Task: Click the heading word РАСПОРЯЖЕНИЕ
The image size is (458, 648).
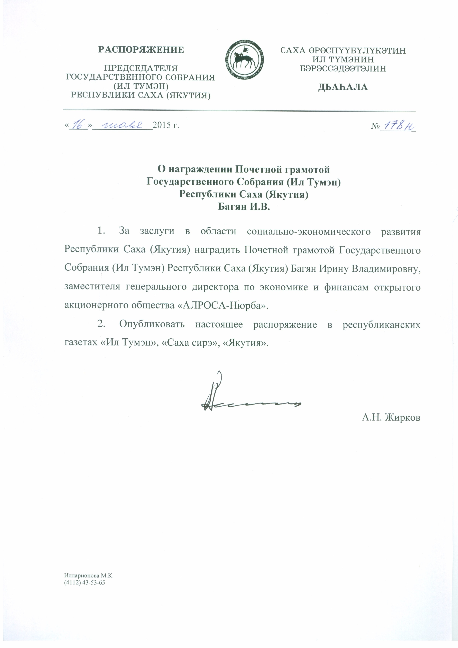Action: tap(141, 50)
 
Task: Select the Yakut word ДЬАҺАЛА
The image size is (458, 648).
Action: tap(343, 87)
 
